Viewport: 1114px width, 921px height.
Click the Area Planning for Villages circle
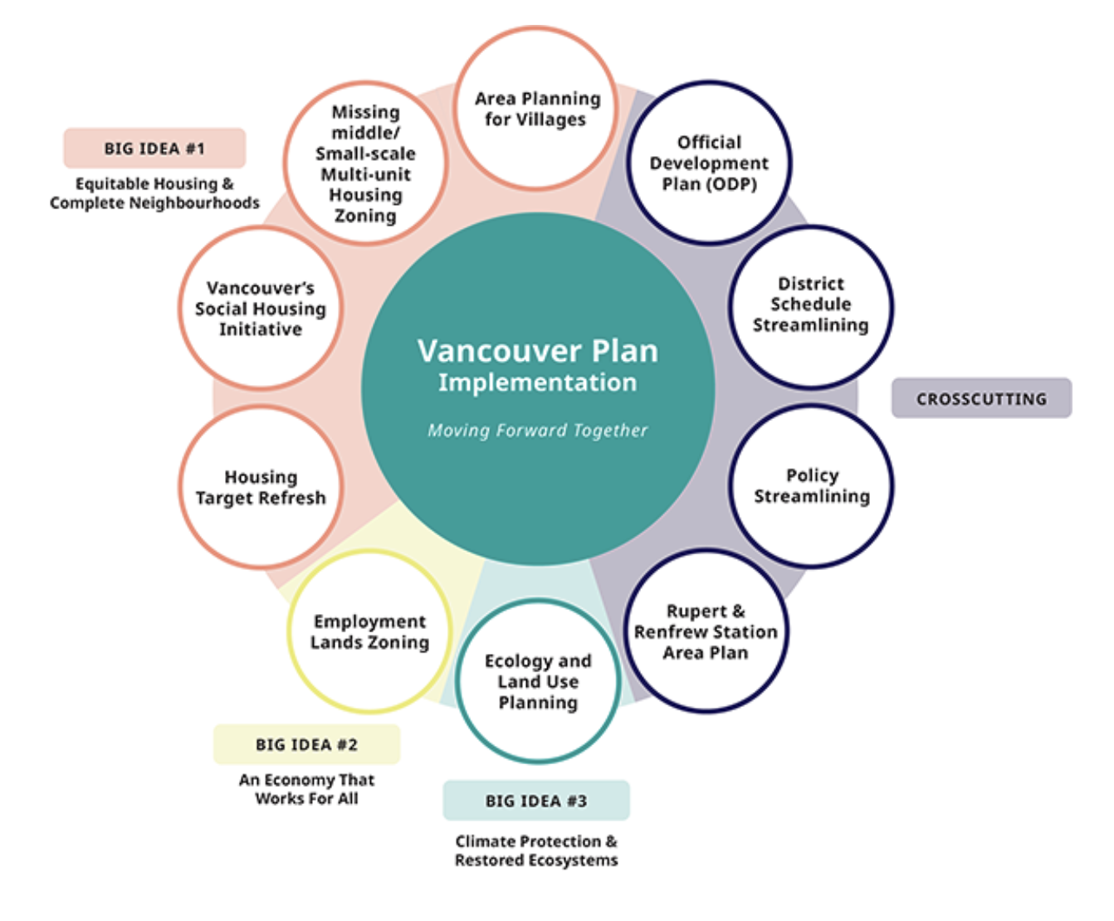coord(536,109)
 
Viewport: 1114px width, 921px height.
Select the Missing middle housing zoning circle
coord(365,163)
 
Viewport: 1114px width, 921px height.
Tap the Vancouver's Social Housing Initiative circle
coord(261,308)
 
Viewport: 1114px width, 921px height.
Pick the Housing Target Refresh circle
coord(261,487)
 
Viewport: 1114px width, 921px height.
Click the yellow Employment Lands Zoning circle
coord(369,631)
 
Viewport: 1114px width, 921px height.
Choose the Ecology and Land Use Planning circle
coord(538,681)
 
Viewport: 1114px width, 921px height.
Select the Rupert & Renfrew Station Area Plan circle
coord(706,631)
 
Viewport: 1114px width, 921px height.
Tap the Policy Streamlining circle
coord(812,486)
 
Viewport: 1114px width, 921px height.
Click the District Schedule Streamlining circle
coord(811,305)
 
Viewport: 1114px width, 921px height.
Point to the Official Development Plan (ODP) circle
coord(709,163)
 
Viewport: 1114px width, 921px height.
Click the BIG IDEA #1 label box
coord(154,149)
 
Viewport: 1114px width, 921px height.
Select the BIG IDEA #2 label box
coord(306,744)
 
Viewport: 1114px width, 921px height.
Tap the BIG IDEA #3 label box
coord(536,801)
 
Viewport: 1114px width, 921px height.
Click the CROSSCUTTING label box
coord(981,398)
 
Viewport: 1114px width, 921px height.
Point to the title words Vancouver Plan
coord(538,351)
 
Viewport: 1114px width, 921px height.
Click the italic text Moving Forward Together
coord(538,430)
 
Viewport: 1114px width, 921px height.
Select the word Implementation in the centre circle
coord(538,383)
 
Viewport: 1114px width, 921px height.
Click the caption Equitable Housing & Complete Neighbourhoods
coord(154,193)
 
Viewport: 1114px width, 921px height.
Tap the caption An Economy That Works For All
coord(306,789)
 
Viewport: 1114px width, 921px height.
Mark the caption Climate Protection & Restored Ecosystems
coord(536,850)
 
